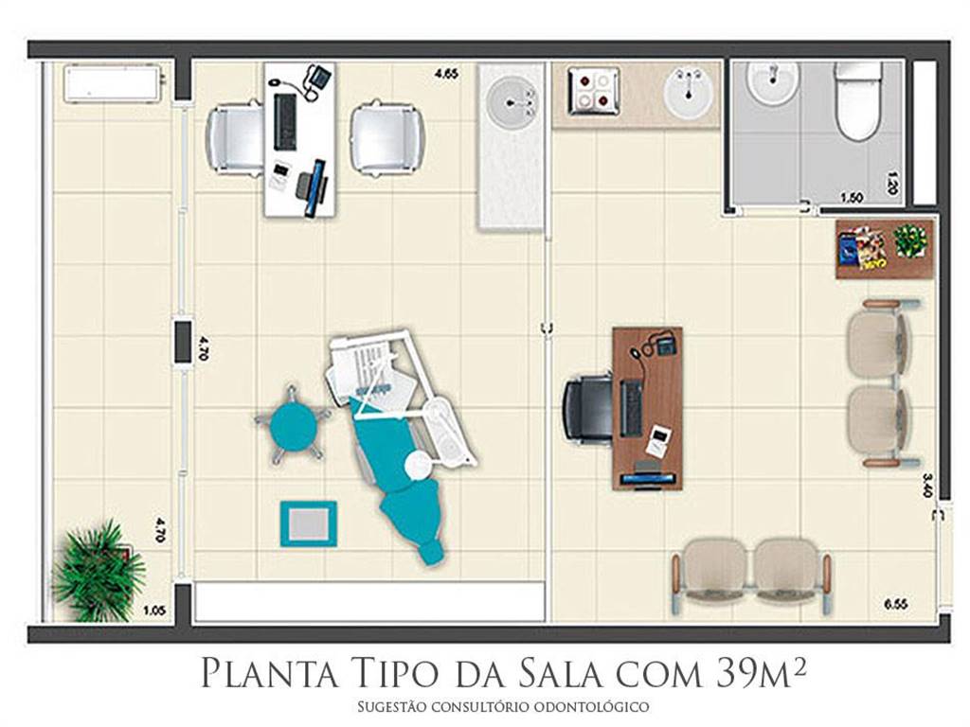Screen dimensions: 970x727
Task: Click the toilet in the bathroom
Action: coord(857,98)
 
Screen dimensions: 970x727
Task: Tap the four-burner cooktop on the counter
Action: coord(594,92)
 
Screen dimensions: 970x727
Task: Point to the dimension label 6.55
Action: coord(895,604)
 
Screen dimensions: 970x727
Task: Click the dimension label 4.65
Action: coord(446,74)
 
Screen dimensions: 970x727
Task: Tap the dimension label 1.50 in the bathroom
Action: coord(852,198)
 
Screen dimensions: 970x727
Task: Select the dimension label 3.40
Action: coord(926,486)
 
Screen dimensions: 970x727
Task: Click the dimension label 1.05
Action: coord(154,611)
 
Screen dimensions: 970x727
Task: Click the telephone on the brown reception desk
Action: coord(664,344)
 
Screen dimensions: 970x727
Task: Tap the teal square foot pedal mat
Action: coord(308,523)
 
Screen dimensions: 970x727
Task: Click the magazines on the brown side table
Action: coord(862,249)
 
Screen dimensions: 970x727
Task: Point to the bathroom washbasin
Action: coord(772,82)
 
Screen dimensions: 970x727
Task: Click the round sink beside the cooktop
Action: coord(688,94)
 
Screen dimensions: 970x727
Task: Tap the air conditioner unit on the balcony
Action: coord(114,84)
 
